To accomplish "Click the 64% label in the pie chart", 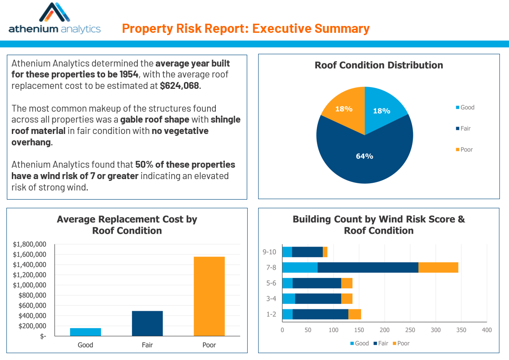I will point(364,156).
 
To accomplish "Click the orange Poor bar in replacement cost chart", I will point(209,296).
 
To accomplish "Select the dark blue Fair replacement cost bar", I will point(147,324).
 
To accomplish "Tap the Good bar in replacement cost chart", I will point(85,332).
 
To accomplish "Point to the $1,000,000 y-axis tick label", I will point(30,285).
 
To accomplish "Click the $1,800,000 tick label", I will point(30,244).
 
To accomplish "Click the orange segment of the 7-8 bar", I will point(438,267).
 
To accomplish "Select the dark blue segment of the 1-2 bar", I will point(320,314).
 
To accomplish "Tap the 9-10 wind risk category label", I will point(269,252).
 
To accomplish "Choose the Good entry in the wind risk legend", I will point(359,343).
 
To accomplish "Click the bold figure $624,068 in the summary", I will point(179,85).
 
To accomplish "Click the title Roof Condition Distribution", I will point(378,65).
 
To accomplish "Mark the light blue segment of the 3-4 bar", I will point(288,298).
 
